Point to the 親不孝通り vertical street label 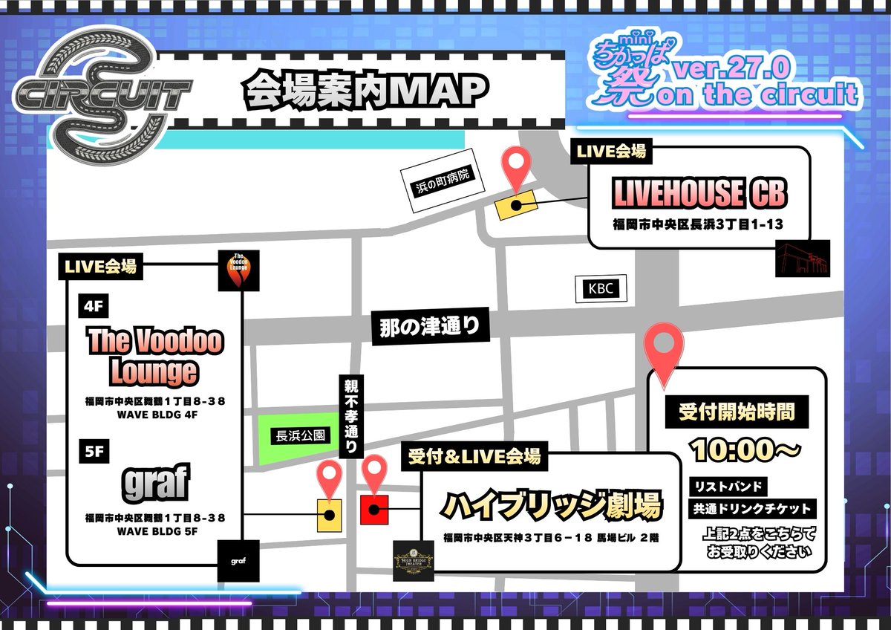point(350,417)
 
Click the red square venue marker point(374,509)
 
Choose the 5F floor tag point(92,449)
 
